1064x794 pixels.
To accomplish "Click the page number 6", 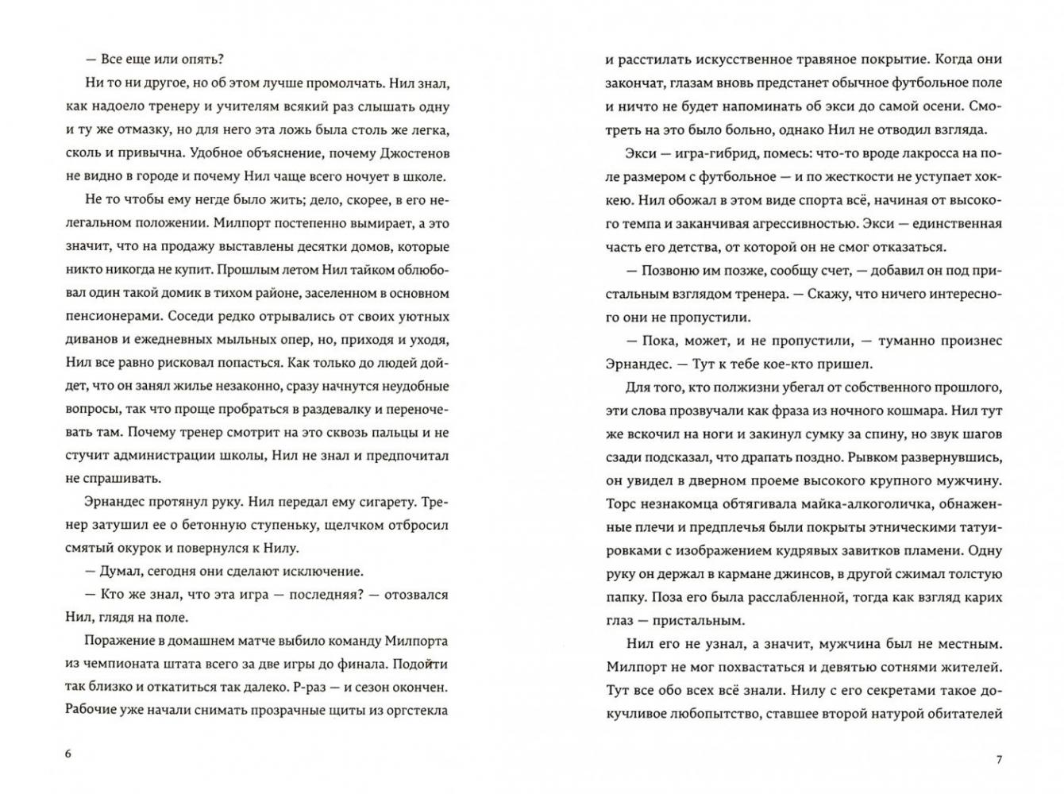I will pos(68,754).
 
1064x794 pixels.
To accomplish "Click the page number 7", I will pos(999,759).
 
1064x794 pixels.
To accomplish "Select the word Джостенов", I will pos(408,152).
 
